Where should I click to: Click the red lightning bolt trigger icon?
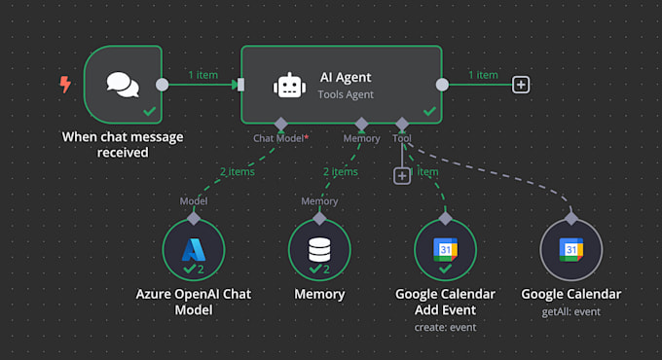[65, 85]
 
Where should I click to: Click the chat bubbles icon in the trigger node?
[123, 86]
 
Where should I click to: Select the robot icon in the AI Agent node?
[289, 86]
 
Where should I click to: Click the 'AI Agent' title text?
[346, 77]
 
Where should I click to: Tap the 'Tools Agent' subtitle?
[346, 94]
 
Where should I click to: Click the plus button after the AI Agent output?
[522, 85]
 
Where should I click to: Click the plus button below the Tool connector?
[401, 175]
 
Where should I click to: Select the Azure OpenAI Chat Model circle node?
[194, 249]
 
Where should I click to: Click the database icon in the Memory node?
[319, 249]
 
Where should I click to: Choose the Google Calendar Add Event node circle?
[445, 249]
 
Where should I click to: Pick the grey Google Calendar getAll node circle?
[571, 249]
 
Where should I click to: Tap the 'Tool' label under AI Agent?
[402, 139]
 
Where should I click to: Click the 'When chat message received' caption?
[123, 144]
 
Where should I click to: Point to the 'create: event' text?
[445, 328]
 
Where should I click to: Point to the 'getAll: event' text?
[571, 311]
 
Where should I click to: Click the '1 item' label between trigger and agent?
[202, 75]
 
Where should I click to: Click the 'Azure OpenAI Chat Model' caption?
[194, 302]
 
